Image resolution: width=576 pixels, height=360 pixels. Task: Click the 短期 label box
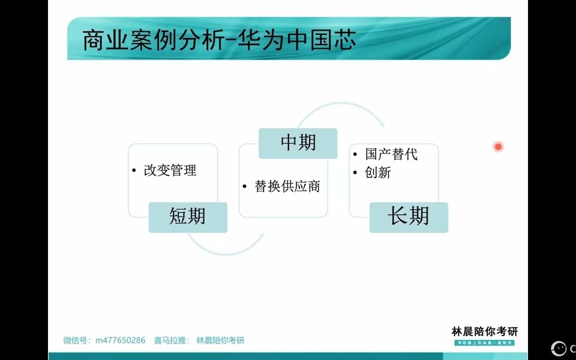187,217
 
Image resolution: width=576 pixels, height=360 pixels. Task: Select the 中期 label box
298,143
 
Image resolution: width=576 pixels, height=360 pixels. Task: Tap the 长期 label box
408,217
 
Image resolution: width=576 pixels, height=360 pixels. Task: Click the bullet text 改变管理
170,170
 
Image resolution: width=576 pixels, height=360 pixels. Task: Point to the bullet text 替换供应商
287,186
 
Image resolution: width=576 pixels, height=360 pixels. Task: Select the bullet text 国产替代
391,154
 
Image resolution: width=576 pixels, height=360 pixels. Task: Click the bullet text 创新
378,172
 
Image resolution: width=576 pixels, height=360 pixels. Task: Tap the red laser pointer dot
498,146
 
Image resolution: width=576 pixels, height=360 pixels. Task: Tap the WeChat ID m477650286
120,340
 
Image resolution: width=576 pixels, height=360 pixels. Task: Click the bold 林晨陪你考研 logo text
484,331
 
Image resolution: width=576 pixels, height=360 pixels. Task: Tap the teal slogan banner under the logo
484,342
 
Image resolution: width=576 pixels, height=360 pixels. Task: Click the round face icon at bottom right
558,348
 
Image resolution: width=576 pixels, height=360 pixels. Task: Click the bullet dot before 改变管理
134,171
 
